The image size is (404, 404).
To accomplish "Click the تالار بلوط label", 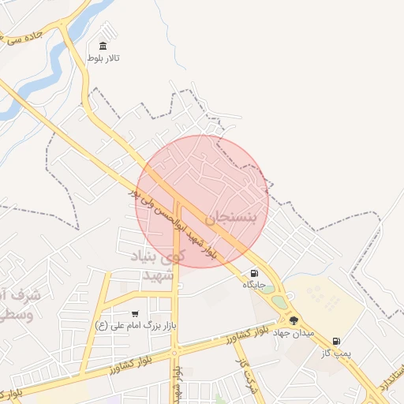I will click(104, 60).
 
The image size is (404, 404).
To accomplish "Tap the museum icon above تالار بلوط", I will click(104, 47).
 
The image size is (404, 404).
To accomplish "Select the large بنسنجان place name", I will click(231, 217).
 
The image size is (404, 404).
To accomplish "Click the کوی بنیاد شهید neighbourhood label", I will click(163, 266).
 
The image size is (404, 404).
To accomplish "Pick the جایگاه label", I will click(252, 284).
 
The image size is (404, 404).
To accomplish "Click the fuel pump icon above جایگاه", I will click(252, 272).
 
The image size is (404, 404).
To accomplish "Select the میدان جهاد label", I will click(294, 333).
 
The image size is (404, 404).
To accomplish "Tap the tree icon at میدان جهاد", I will click(294, 320).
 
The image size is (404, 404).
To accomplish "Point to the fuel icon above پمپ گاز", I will click(336, 341).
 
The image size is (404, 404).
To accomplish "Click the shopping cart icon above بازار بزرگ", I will click(135, 313).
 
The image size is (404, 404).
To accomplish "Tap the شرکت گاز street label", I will click(241, 371).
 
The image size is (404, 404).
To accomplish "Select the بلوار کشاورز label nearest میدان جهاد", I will click(249, 337).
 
